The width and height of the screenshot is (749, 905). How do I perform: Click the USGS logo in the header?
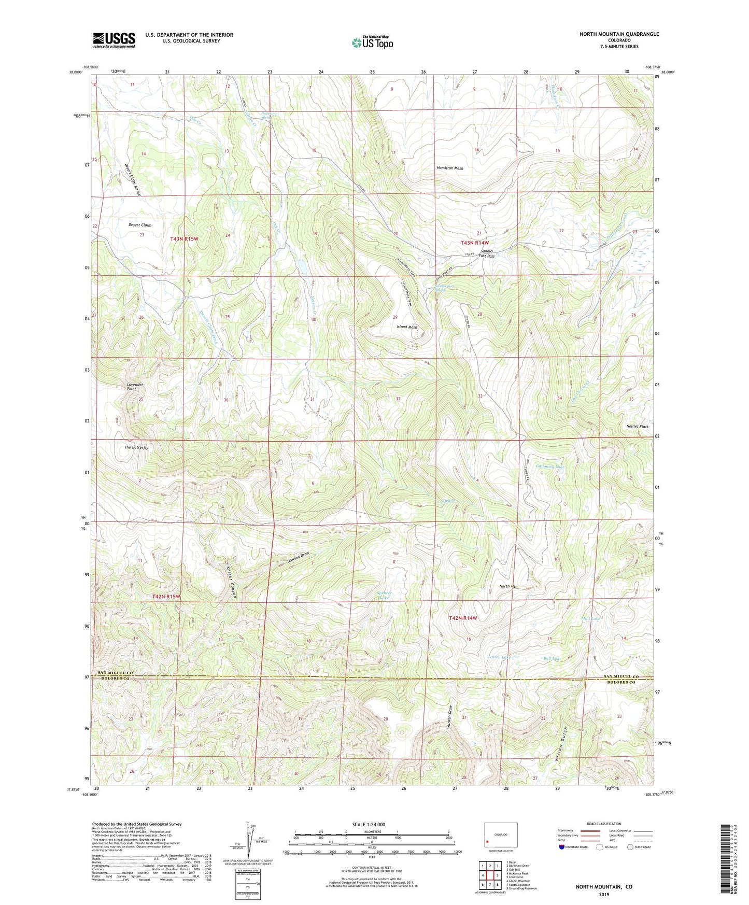[x=114, y=39]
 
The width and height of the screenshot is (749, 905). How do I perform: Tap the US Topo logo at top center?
[x=372, y=43]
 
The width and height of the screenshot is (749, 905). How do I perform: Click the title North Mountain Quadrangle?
[x=619, y=34]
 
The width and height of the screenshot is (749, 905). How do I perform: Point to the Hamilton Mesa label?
[x=449, y=168]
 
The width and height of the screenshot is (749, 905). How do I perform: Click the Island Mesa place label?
[x=407, y=327]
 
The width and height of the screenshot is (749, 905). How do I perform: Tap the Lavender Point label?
[x=135, y=387]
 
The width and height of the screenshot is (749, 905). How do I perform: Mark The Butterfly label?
[x=136, y=447]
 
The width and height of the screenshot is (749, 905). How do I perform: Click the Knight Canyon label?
[x=230, y=581]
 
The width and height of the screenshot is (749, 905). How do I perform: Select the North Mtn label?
[x=508, y=586]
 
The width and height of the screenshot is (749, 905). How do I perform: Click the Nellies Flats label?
[x=637, y=427]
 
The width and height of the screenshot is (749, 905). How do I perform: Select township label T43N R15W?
[x=184, y=238]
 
